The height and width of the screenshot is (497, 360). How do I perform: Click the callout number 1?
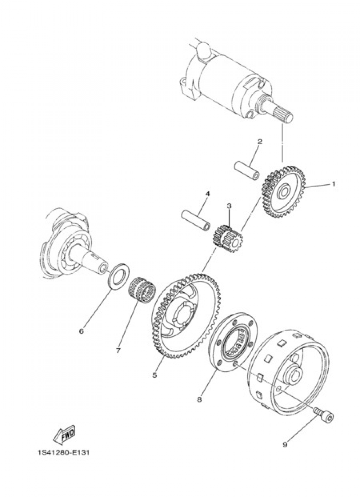(333, 184)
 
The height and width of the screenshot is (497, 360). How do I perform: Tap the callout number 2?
(260, 142)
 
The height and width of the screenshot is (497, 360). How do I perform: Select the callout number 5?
(154, 375)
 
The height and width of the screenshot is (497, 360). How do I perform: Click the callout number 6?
(81, 331)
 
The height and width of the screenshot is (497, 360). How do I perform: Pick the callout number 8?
(199, 399)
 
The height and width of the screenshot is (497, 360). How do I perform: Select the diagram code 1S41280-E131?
(63, 452)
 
